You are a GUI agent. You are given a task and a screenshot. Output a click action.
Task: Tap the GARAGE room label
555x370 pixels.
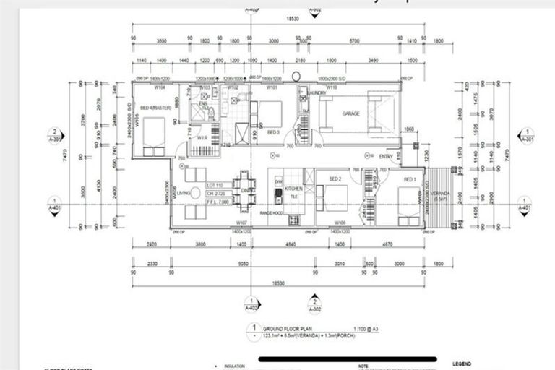[351, 114]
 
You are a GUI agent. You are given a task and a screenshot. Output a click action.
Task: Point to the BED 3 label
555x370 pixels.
[273, 133]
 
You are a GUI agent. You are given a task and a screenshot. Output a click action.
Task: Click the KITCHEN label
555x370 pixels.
[293, 188]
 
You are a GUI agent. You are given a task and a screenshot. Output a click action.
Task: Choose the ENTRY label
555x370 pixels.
[387, 156]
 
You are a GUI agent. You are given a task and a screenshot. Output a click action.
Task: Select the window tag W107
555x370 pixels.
[241, 223]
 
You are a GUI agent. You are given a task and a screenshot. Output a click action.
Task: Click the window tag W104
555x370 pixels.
[160, 87]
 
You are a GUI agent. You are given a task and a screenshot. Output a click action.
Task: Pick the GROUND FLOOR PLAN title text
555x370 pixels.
[287, 327]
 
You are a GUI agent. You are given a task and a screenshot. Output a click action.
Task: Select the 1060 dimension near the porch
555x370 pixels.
[409, 129]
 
